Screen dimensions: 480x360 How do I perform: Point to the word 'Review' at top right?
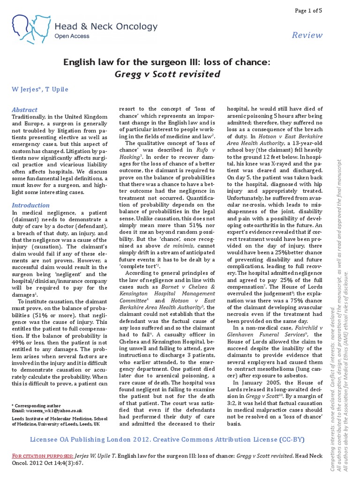pos(307,35)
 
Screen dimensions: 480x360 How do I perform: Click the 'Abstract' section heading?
pos(24,109)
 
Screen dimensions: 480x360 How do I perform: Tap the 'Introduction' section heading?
pos(30,205)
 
